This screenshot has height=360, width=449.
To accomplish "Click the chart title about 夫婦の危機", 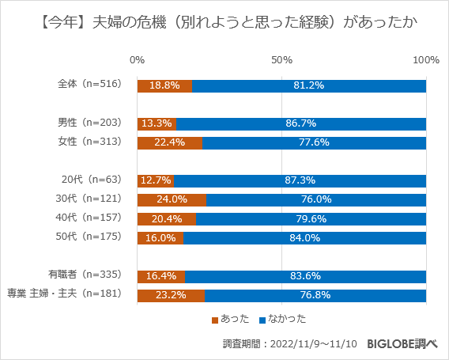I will [x=224, y=22].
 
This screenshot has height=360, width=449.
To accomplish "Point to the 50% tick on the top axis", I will [x=282, y=60].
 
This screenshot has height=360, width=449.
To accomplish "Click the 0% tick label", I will [x=137, y=60].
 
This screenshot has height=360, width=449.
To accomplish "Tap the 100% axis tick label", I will [x=426, y=60].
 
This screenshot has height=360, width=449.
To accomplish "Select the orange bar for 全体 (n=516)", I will [x=164, y=85].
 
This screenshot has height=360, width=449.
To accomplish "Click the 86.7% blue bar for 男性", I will [x=301, y=123].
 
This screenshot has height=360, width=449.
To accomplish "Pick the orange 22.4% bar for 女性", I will [x=169, y=142].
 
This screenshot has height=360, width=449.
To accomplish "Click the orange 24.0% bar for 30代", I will [x=172, y=199].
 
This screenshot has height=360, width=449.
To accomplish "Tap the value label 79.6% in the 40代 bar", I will [x=311, y=219].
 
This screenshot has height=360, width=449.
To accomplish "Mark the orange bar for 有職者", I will [x=160, y=276].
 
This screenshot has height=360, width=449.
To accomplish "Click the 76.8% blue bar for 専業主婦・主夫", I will [x=315, y=295].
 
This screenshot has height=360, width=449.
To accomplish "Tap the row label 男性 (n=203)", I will [x=89, y=123].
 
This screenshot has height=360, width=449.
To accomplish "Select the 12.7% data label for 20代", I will [x=155, y=180].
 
